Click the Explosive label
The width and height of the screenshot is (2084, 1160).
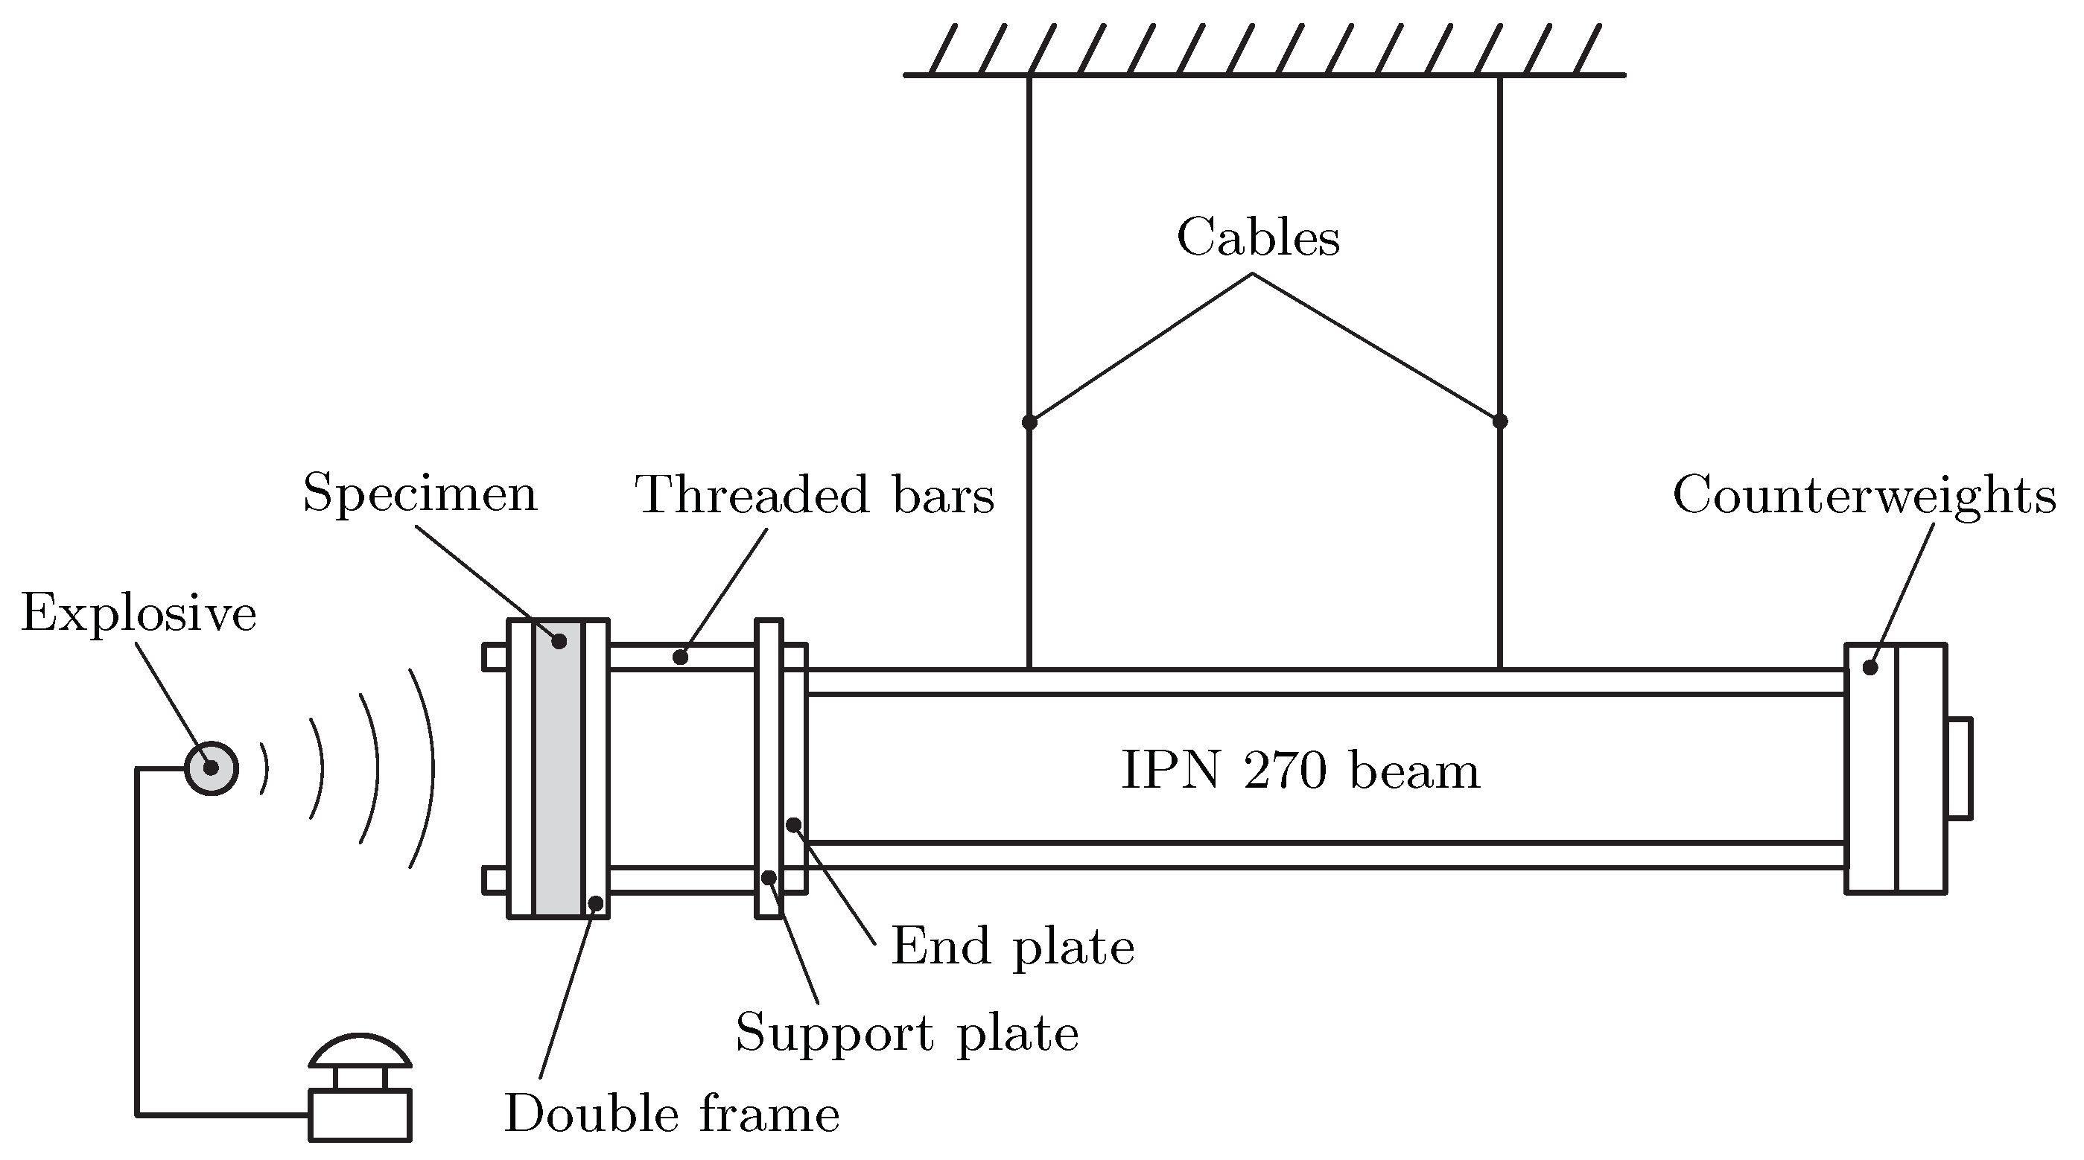point(139,614)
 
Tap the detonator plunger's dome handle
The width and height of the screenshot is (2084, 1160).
point(360,1050)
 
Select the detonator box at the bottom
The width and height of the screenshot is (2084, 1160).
point(360,1115)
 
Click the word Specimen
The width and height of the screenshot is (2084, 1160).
point(420,494)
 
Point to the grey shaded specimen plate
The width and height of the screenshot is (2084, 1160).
point(558,768)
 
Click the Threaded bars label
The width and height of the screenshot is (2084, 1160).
point(814,495)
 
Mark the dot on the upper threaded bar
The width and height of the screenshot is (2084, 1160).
point(680,657)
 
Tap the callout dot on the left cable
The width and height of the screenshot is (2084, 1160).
point(1029,422)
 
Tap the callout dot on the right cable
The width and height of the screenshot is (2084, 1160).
point(1500,421)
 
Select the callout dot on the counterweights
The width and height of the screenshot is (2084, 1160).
point(1870,668)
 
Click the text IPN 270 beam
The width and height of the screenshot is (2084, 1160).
point(1300,771)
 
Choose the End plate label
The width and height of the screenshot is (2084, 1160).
point(1012,946)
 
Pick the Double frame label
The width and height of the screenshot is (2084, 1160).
point(672,1115)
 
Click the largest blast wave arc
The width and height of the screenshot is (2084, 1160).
point(426,768)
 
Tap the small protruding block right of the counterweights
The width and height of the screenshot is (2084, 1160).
point(1959,768)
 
